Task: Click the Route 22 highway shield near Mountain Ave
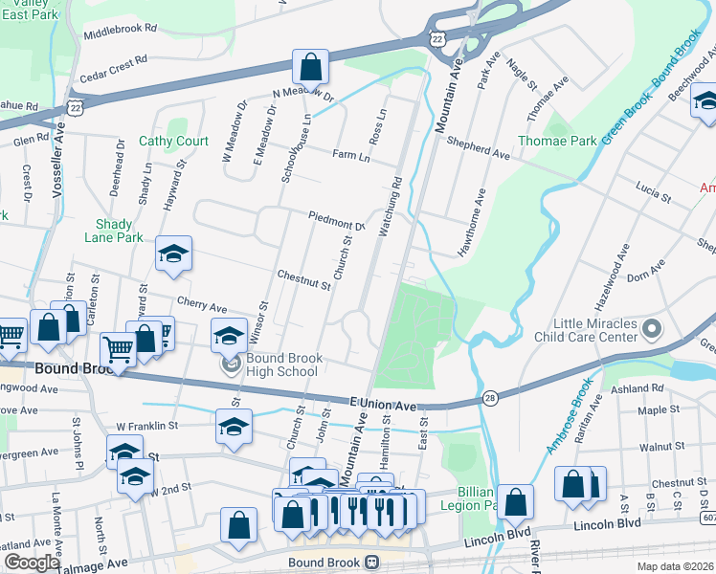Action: click(436, 35)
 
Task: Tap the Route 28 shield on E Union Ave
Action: click(490, 397)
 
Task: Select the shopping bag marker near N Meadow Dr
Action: click(310, 68)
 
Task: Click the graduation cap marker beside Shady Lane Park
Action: click(173, 254)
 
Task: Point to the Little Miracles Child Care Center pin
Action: click(653, 331)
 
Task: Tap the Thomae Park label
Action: click(557, 141)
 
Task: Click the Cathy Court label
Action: click(173, 141)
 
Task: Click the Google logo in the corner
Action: click(32, 563)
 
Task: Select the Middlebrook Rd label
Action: click(120, 30)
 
